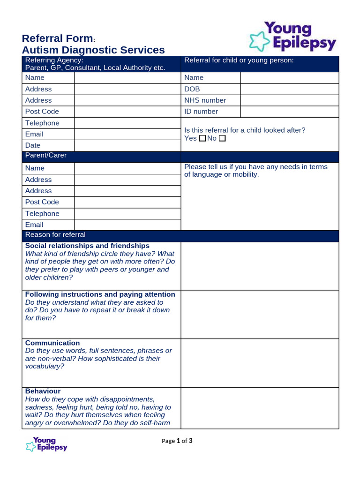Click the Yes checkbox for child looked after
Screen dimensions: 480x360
pyautogui.click(x=202, y=138)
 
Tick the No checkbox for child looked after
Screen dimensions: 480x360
pyautogui.click(x=222, y=138)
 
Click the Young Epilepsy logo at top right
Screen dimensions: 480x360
pyautogui.click(x=293, y=36)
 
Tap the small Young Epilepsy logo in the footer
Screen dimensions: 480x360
pyautogui.click(x=46, y=444)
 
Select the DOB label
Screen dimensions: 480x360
pyautogui.click(x=192, y=89)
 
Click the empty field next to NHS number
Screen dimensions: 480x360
pyautogui.click(x=289, y=100)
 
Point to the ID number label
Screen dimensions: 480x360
pyautogui.click(x=201, y=112)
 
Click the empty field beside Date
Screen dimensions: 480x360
pyautogui.click(x=127, y=145)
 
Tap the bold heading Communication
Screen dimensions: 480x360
pyautogui.click(x=52, y=343)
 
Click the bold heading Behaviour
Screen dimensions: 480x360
pyautogui.click(x=43, y=391)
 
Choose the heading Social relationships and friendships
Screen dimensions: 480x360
pyautogui.click(x=87, y=246)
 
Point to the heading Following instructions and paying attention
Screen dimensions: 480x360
pyautogui.click(x=100, y=294)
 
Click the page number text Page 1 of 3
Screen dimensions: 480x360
pyautogui.click(x=177, y=441)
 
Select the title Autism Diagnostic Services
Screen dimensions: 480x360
pyautogui.click(x=93, y=50)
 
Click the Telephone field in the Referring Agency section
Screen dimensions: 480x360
pyautogui.click(x=127, y=123)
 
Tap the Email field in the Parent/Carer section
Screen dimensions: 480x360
pyautogui.click(x=127, y=225)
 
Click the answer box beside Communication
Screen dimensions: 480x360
pyautogui.click(x=260, y=363)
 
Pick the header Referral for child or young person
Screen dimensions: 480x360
pyautogui.click(x=239, y=60)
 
